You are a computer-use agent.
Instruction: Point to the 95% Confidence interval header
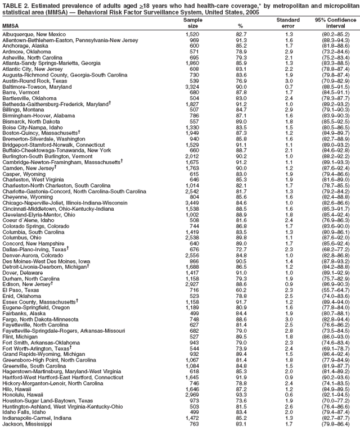pos(335,23)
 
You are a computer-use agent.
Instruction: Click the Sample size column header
pos(192,23)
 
